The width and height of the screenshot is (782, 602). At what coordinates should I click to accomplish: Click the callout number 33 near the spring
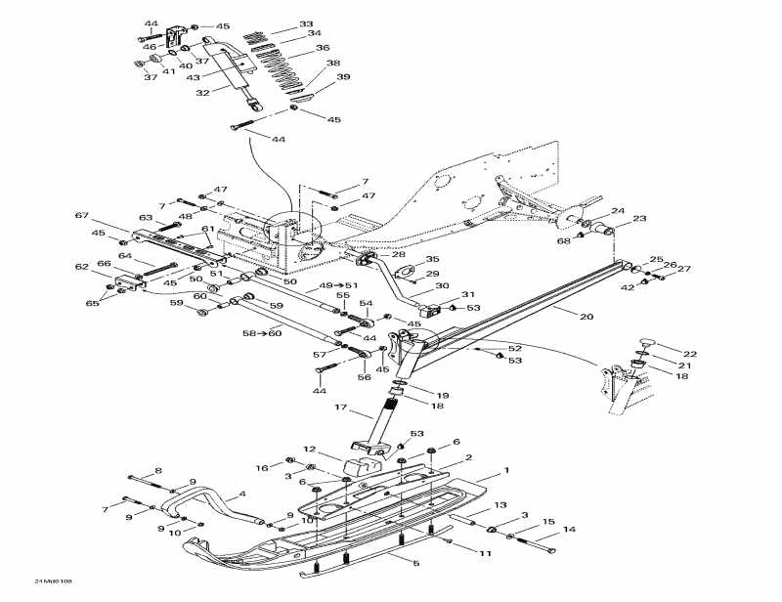[x=306, y=23]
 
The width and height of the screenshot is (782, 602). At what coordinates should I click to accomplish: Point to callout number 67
[x=81, y=215]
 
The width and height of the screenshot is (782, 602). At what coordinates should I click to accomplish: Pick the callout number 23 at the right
[x=639, y=219]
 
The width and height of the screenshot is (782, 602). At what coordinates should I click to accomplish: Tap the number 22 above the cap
[x=690, y=353]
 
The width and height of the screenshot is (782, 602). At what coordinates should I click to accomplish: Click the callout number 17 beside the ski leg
[x=341, y=408]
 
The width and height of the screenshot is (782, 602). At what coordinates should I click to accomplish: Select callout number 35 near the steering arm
[x=432, y=260]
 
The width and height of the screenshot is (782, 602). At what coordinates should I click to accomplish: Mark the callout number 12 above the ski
[x=309, y=450]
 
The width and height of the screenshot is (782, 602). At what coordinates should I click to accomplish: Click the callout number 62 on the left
[x=82, y=266]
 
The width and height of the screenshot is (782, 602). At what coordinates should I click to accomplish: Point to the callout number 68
[x=564, y=239]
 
